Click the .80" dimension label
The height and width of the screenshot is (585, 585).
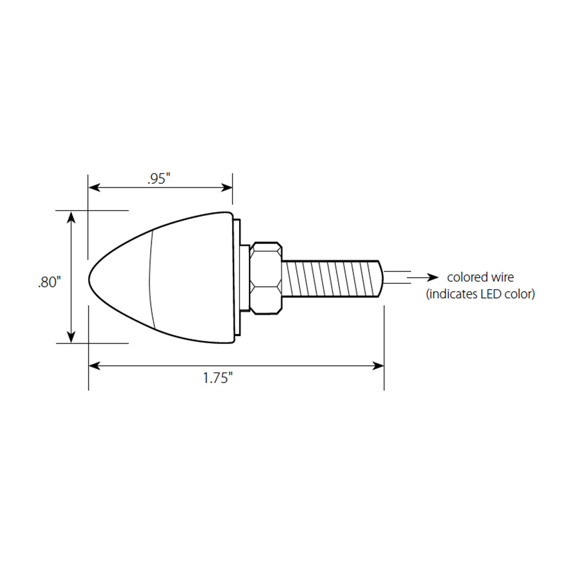click(49, 282)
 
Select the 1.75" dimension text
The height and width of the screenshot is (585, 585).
click(218, 378)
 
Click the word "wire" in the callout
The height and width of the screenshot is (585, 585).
click(502, 277)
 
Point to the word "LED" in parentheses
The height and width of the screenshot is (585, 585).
click(487, 294)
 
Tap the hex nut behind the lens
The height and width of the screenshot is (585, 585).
click(266, 278)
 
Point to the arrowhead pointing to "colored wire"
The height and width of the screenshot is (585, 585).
click(432, 277)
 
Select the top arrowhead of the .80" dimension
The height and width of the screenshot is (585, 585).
click(72, 217)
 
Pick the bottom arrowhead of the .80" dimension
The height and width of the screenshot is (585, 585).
click(72, 337)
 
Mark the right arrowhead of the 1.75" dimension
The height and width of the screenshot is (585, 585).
click(378, 366)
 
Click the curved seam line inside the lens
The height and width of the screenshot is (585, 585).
click(151, 278)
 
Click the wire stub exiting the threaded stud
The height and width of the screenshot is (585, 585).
click(396, 277)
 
